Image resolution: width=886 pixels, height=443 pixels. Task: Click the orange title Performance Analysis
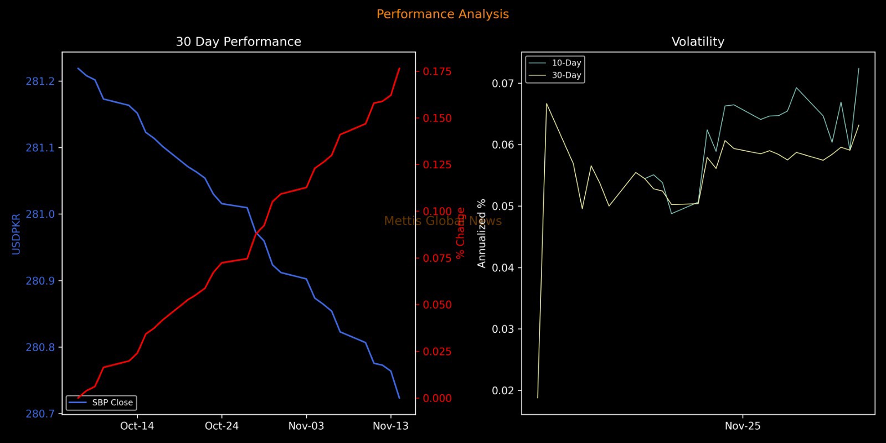442,14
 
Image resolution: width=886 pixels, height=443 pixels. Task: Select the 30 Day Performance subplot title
238,42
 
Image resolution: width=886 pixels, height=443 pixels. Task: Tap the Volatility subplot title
698,42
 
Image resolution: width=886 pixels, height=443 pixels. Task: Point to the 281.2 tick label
40,82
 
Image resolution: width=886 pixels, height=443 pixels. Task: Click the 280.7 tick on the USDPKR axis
40,414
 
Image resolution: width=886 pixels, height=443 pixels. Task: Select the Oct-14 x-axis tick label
137,426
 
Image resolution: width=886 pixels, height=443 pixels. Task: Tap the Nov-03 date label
306,426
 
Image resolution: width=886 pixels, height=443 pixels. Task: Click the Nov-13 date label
390,426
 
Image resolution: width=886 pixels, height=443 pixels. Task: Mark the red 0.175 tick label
437,71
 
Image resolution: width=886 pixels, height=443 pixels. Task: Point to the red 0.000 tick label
437,398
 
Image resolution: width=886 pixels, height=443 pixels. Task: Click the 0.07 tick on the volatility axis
503,84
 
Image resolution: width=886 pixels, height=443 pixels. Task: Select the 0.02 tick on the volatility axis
503,390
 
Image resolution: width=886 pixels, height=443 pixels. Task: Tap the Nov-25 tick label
743,426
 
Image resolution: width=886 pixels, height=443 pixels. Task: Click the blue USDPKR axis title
16,234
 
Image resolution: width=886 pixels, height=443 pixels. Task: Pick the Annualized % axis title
482,233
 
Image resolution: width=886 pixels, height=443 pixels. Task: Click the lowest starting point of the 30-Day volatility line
537,398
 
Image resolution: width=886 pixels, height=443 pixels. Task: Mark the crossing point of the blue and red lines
256,232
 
